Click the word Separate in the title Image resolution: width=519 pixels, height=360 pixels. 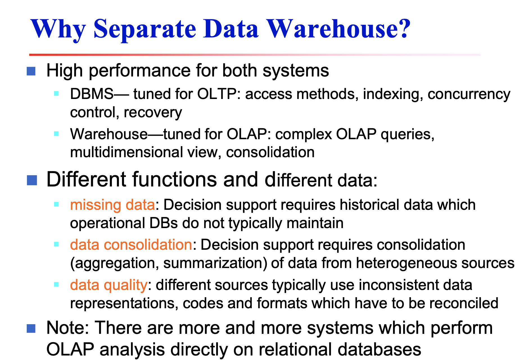(x=145, y=29)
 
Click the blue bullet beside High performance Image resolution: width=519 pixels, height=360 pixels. (x=31, y=71)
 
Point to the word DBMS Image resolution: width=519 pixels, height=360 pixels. (x=92, y=94)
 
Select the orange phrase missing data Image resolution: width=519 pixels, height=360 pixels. (x=112, y=205)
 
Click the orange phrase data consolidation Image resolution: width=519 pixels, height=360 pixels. (x=131, y=245)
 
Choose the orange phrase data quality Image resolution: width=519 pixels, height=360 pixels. (x=109, y=285)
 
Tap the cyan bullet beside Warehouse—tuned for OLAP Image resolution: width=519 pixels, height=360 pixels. (x=56, y=134)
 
